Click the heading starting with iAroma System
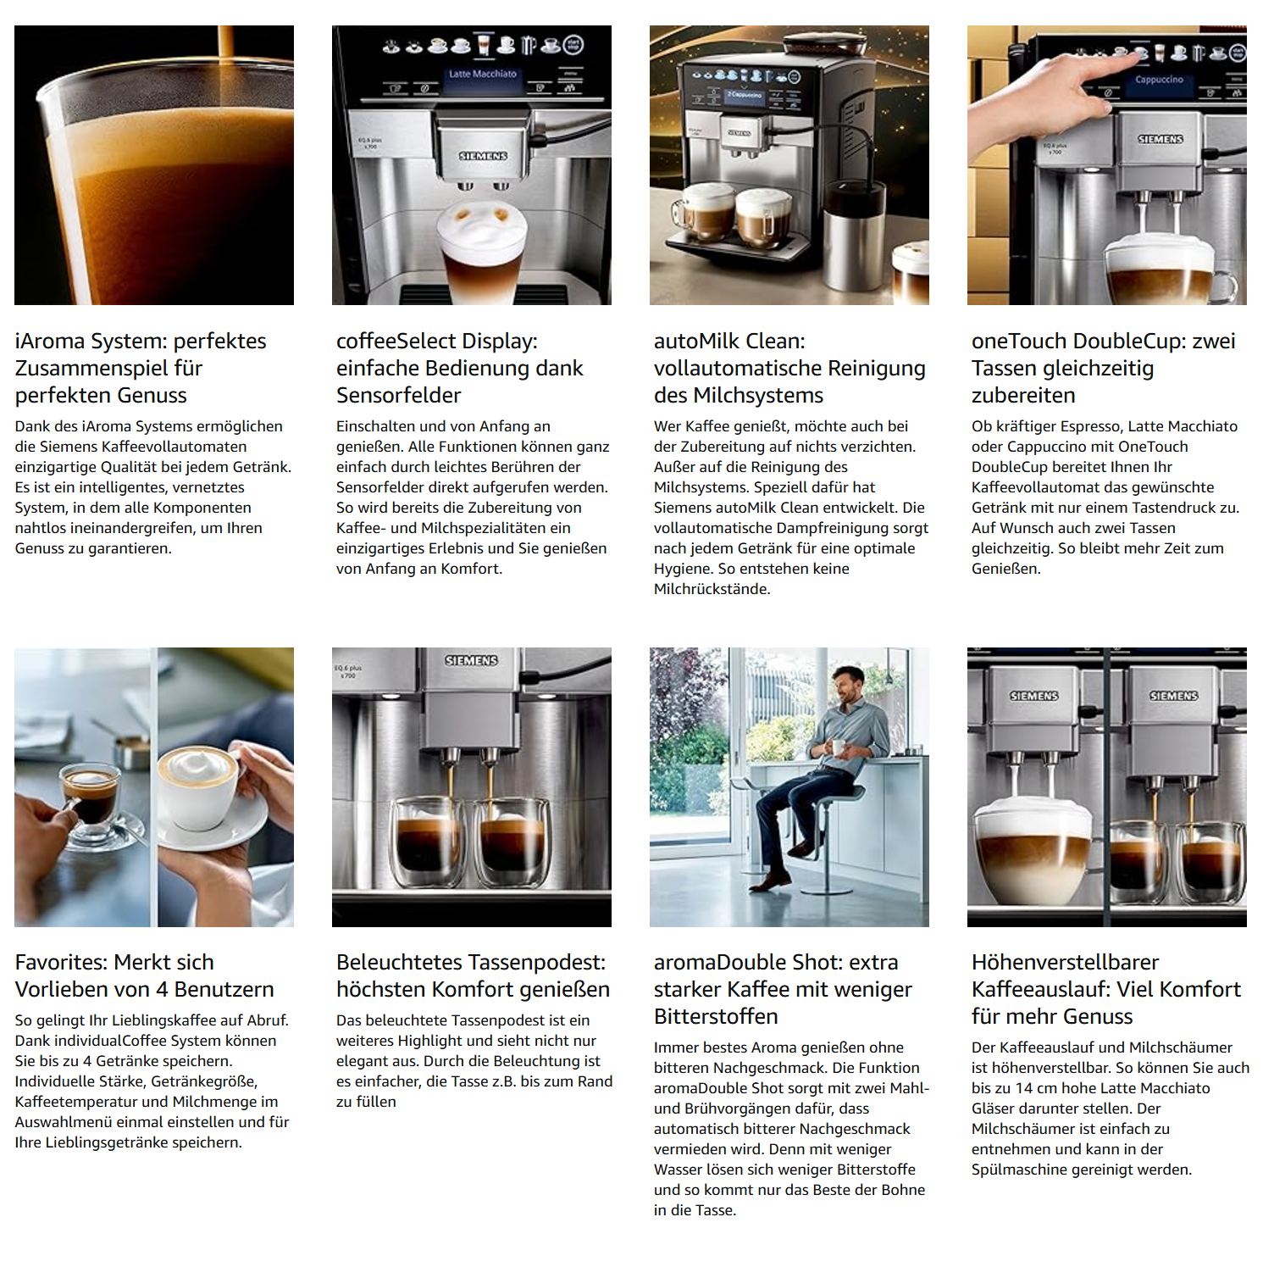pos(141,368)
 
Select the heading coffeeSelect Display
pos(459,368)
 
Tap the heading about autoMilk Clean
pos(789,368)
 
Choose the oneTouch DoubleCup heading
pos(1103,368)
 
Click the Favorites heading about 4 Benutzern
pos(144,975)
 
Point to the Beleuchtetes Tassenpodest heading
pos(473,975)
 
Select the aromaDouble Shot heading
pos(783,989)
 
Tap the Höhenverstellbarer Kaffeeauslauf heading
pos(1106,989)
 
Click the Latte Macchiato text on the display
pos(482,74)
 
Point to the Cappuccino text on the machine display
pos(1159,80)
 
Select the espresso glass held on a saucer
pos(91,801)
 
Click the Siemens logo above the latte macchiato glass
pos(483,156)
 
